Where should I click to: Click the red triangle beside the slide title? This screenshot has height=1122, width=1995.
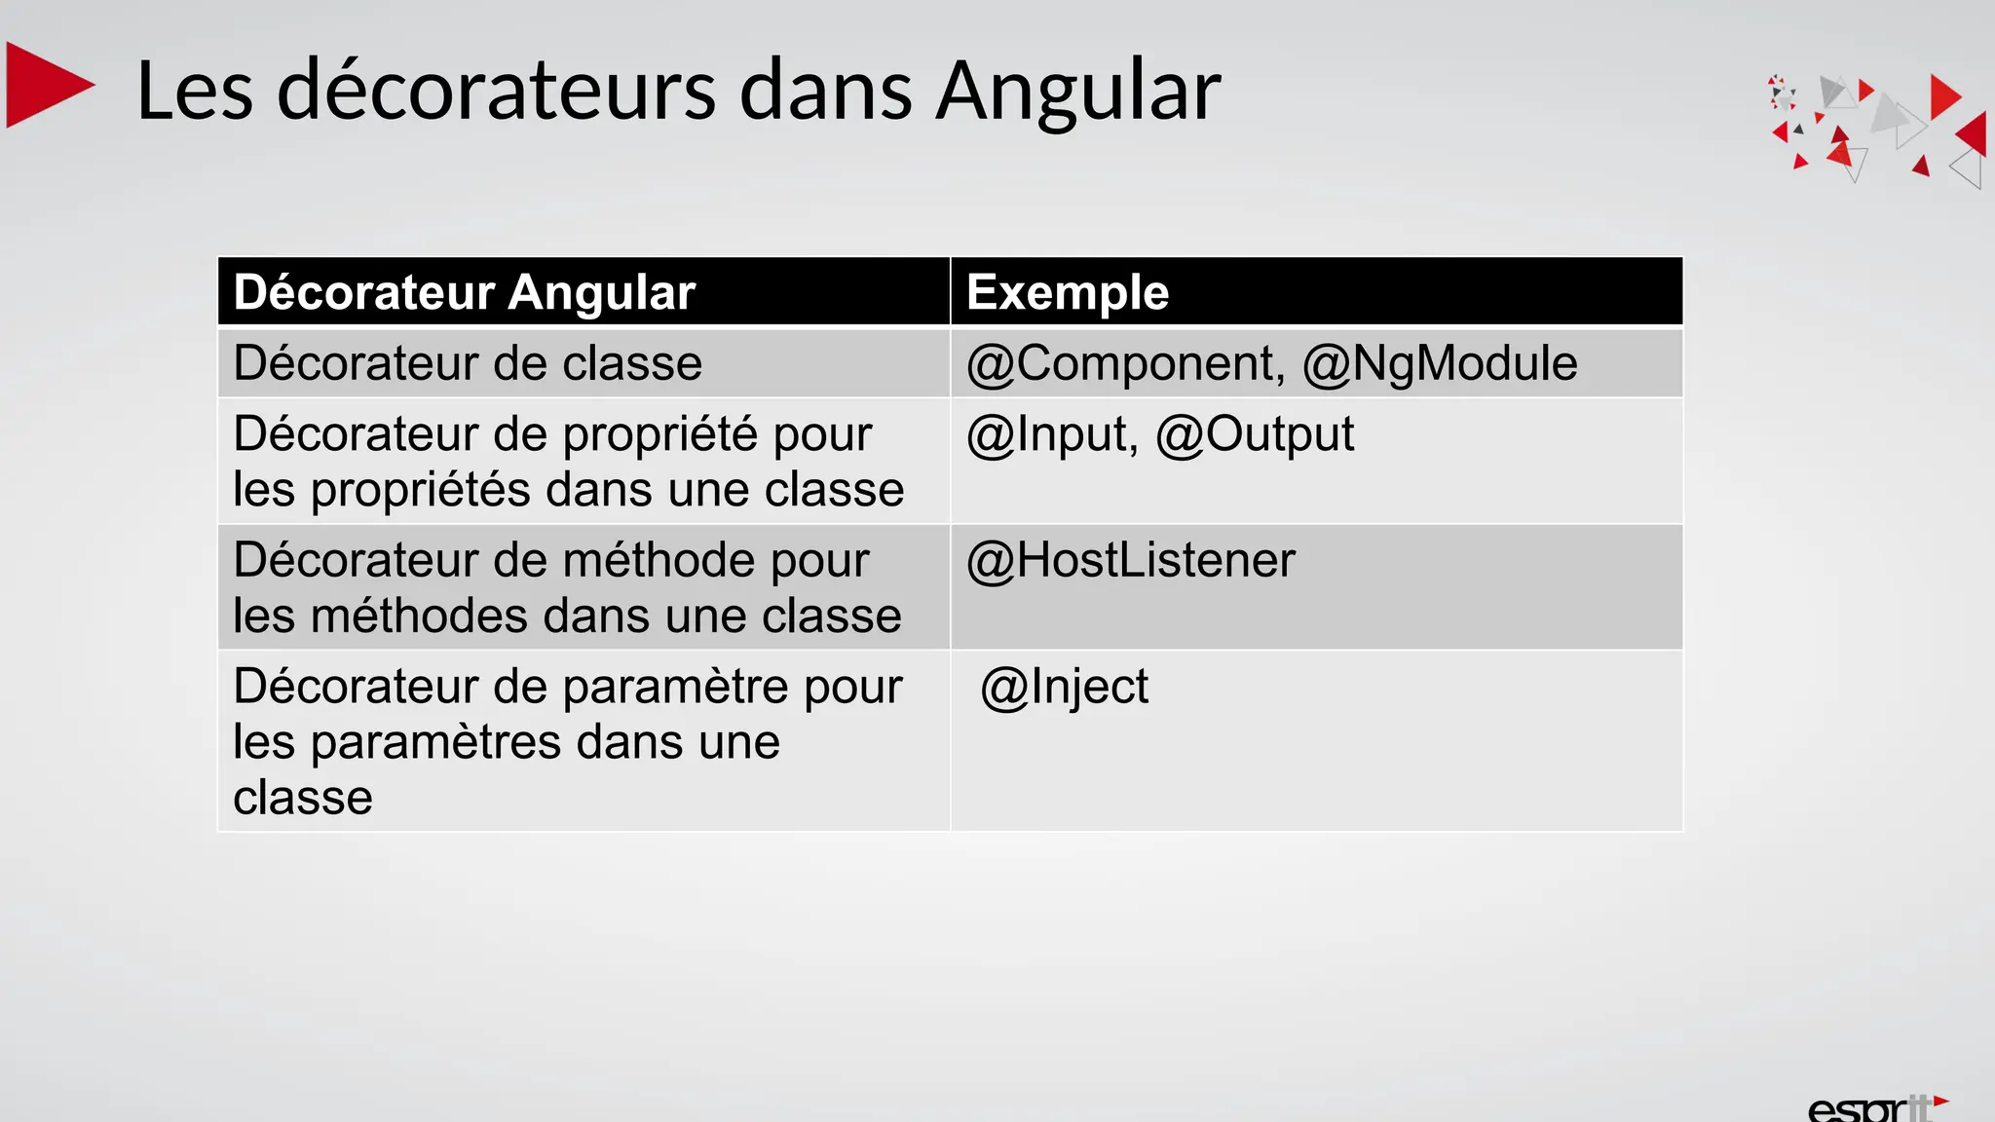click(47, 86)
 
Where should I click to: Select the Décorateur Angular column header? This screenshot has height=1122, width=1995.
click(465, 292)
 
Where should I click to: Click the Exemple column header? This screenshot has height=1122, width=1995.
click(1068, 292)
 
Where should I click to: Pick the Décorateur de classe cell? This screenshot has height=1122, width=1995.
click(468, 363)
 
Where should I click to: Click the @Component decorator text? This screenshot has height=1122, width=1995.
click(1120, 363)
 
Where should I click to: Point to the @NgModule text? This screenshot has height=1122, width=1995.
click(1440, 363)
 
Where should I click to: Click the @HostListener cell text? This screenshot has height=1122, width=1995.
click(1130, 560)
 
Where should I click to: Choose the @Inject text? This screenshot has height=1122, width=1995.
click(1065, 687)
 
